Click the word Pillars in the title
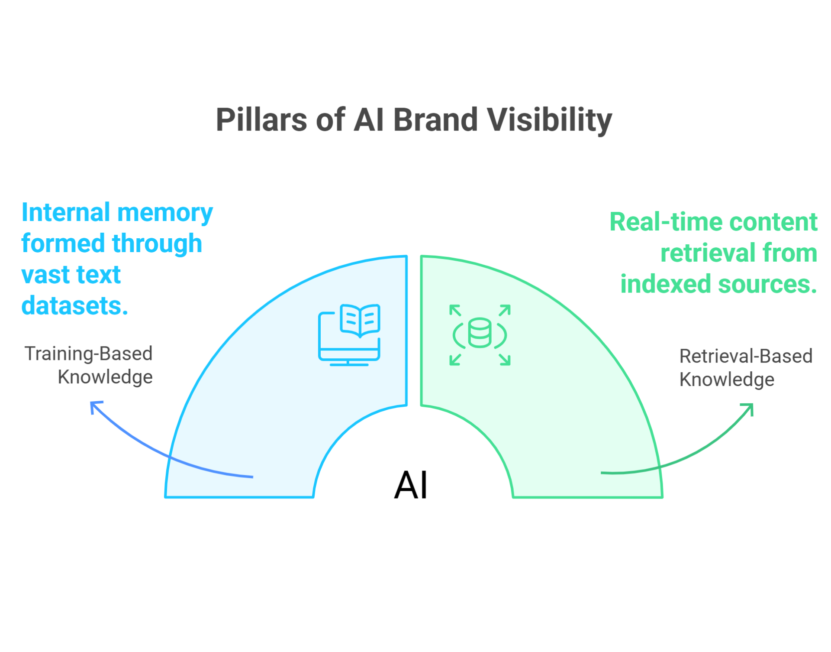pyautogui.click(x=261, y=120)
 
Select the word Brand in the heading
pyautogui.click(x=435, y=120)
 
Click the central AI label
pyautogui.click(x=411, y=485)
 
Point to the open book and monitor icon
pyautogui.click(x=349, y=335)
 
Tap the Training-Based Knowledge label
pyautogui.click(x=89, y=365)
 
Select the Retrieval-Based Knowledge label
pyautogui.click(x=745, y=367)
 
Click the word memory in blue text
pyautogui.click(x=165, y=213)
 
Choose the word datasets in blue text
pyautogui.click(x=74, y=306)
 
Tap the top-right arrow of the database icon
pyautogui.click(x=505, y=310)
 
